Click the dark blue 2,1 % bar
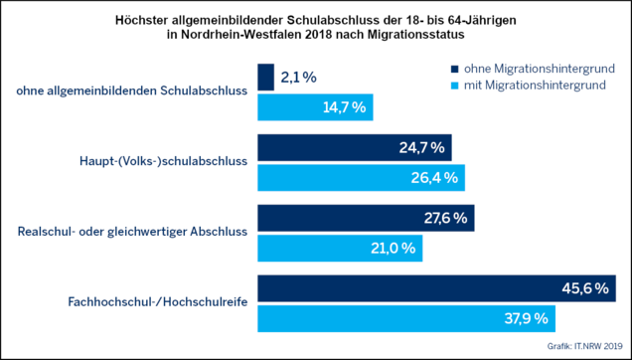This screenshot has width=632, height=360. click(x=265, y=78)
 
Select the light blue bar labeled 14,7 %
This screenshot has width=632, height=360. click(x=315, y=107)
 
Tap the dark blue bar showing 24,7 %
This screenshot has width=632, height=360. click(x=355, y=148)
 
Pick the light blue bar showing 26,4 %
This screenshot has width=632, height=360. click(x=361, y=178)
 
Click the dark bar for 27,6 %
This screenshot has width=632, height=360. click(x=366, y=218)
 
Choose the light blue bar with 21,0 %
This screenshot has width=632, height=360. click(x=340, y=249)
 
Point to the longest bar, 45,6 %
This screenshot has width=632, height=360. click(x=437, y=288)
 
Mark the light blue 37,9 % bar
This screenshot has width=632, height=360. click(x=406, y=318)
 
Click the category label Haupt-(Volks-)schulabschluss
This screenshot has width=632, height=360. click(x=162, y=162)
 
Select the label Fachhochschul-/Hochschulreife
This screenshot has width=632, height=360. click(x=158, y=302)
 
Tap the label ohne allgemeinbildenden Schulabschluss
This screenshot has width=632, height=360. click(x=132, y=90)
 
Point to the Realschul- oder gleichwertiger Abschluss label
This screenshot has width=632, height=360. click(x=132, y=232)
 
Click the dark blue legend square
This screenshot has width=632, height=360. click(x=455, y=69)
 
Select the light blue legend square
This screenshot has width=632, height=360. click(x=455, y=86)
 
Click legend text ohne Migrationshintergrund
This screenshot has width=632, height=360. click(x=540, y=69)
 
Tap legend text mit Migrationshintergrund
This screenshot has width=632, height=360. click(x=535, y=86)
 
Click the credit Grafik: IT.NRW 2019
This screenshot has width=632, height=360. click(x=585, y=346)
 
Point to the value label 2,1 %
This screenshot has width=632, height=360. click(x=298, y=78)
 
